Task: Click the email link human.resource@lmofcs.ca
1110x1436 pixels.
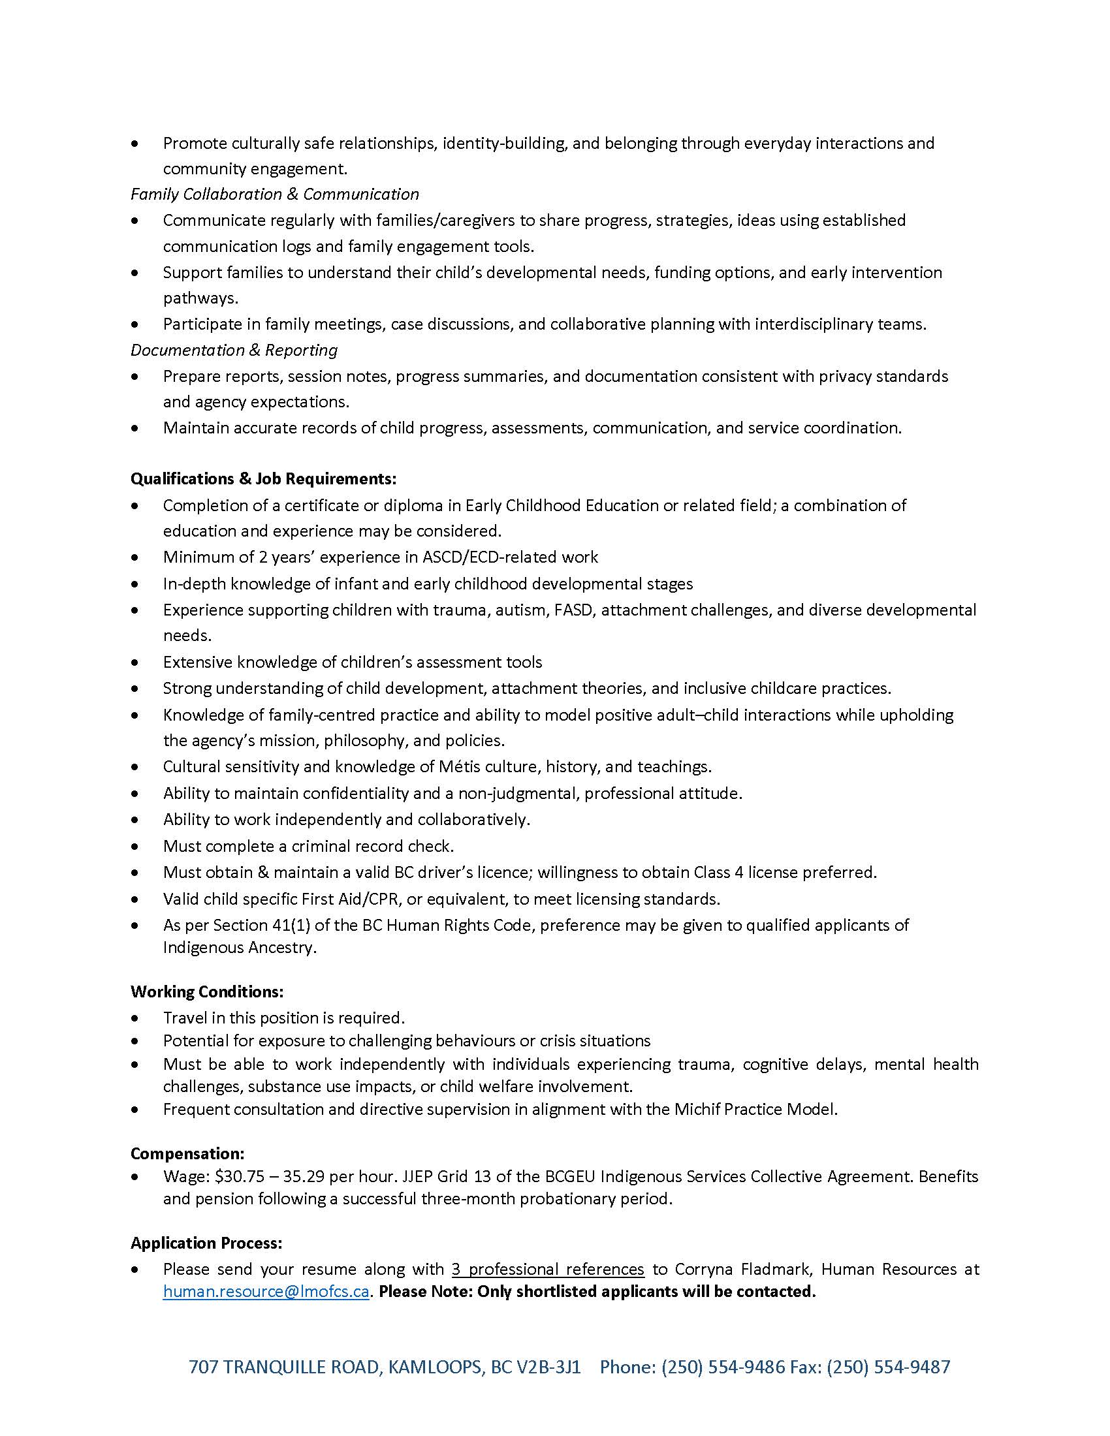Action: (x=266, y=1291)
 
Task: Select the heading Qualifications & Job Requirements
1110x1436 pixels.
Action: (x=263, y=478)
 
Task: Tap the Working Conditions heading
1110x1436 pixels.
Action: (x=207, y=991)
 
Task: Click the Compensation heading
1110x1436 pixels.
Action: (x=187, y=1153)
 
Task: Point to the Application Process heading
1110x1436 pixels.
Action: (x=206, y=1243)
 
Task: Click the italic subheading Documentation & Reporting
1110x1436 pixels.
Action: (x=234, y=350)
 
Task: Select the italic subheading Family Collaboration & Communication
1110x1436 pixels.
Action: (x=274, y=194)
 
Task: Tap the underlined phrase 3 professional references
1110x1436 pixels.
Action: (x=548, y=1268)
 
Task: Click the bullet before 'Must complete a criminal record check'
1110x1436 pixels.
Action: (x=135, y=846)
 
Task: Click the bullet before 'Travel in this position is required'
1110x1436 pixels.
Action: (x=135, y=1018)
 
